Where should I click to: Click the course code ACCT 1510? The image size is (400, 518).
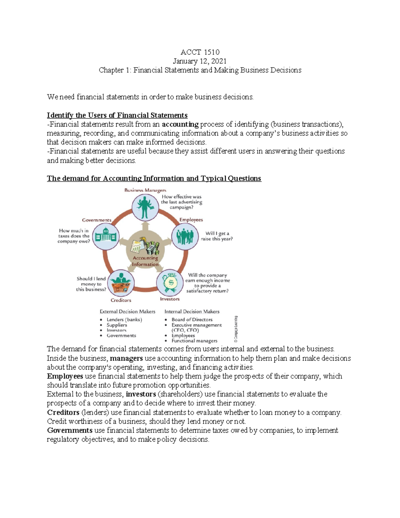200,52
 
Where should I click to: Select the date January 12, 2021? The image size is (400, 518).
200,61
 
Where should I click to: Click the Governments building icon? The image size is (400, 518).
105,236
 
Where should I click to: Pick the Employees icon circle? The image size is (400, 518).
185,236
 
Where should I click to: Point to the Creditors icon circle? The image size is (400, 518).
121,283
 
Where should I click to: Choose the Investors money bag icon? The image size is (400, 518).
170,283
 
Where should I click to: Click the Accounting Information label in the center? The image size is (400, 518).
145,261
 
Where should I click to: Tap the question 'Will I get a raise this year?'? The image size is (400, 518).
217,236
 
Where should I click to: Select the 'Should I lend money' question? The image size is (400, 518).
91,284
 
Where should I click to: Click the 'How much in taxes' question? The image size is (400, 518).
74,236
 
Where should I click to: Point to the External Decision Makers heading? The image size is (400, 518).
127,312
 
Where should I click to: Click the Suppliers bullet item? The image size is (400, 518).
117,325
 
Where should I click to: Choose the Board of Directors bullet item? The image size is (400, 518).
192,320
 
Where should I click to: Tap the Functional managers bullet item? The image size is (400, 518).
194,341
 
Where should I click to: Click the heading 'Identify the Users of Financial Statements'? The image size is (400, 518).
117,115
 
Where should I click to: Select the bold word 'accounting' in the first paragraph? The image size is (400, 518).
180,124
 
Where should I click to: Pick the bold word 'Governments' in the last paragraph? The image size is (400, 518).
70,430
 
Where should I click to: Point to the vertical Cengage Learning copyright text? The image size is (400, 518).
236,329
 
